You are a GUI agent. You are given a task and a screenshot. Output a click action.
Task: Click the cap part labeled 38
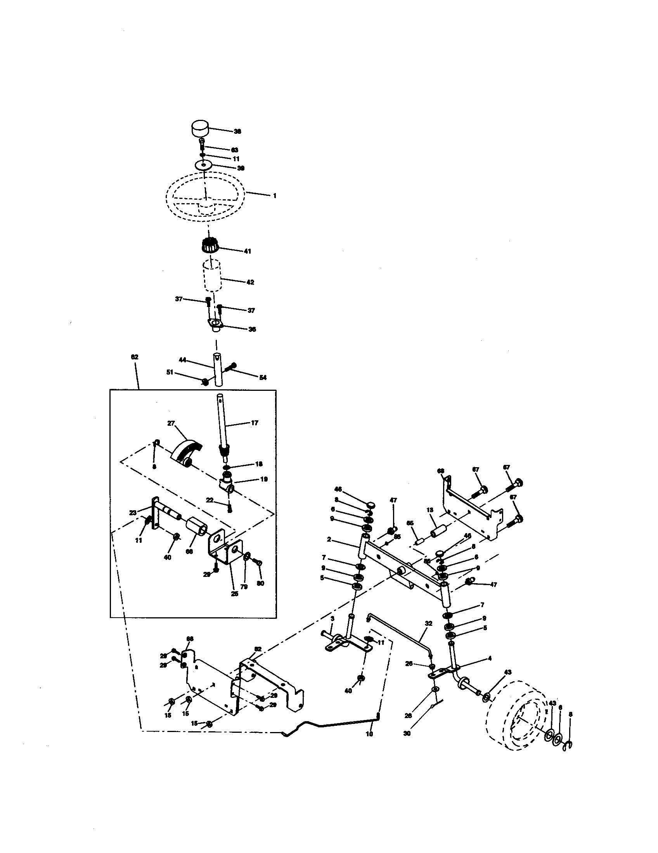[200, 128]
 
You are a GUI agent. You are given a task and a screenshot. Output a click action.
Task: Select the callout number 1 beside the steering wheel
[275, 196]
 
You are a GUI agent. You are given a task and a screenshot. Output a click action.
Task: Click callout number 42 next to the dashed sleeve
[251, 282]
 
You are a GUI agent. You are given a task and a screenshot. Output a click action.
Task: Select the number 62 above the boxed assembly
[134, 357]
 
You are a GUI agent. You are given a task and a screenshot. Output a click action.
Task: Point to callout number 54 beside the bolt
[263, 377]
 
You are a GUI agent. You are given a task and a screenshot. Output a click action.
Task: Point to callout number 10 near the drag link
[369, 734]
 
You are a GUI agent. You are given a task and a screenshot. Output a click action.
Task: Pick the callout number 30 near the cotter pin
[407, 734]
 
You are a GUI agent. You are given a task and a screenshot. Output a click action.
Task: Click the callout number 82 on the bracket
[258, 649]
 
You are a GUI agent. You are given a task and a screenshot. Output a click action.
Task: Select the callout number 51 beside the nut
[170, 372]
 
